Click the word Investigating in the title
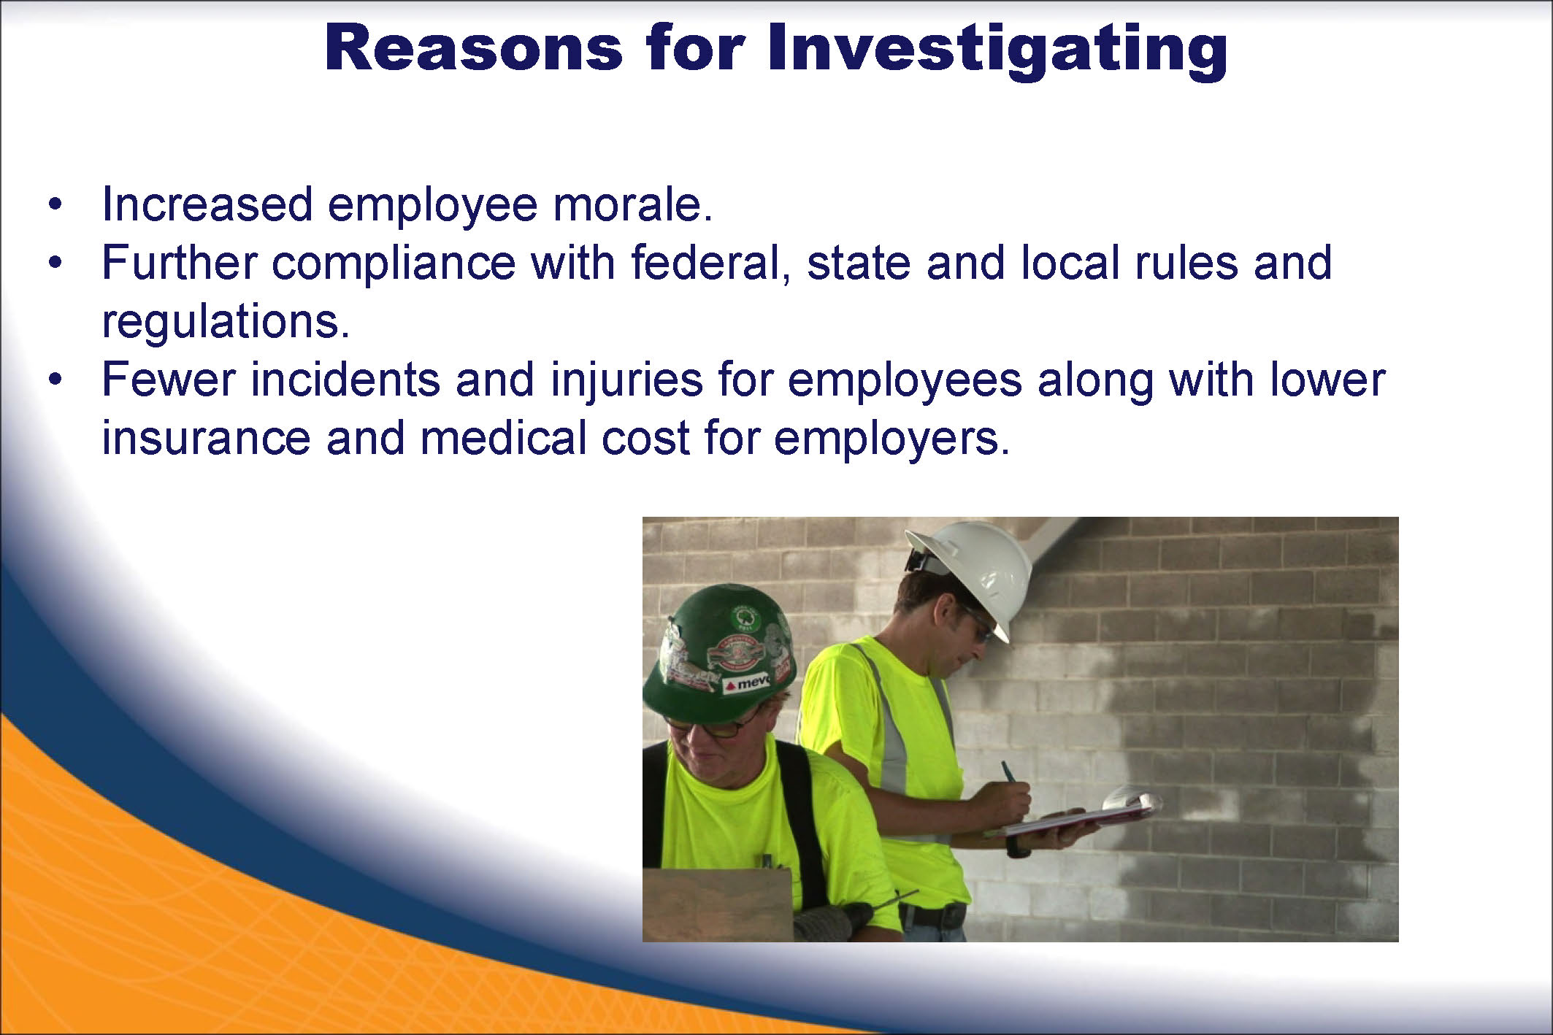point(997,50)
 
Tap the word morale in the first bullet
point(632,204)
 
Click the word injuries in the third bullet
point(626,380)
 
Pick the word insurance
point(206,439)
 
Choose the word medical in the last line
point(503,438)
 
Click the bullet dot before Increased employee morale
point(55,204)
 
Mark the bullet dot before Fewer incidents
point(55,380)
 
